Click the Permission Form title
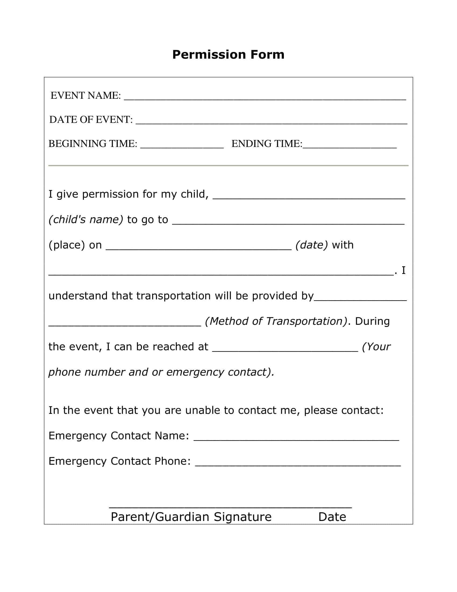coord(228,54)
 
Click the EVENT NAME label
coord(85,96)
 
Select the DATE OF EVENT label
coord(91,119)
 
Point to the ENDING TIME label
coord(267,144)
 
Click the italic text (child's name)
coord(86,220)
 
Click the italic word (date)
coord(311,245)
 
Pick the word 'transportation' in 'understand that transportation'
coord(173,296)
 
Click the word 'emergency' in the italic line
coord(195,372)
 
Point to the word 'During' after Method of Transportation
coord(372,321)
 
